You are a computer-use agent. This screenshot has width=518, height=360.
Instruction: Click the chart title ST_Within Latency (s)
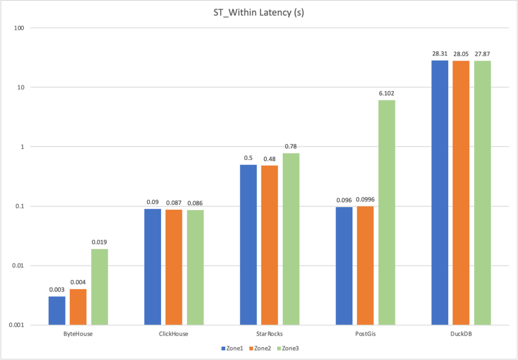pos(259,12)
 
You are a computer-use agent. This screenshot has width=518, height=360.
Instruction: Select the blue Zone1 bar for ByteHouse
pos(57,311)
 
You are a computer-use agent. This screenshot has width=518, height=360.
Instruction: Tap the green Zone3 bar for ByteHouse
pos(99,287)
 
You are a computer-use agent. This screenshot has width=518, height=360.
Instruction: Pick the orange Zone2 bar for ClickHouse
pos(174,267)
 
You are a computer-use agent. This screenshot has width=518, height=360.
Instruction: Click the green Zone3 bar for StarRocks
pos(291,239)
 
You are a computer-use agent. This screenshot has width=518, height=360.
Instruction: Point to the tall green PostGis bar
pos(387,212)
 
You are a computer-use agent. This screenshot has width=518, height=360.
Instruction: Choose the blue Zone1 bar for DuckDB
pos(440,192)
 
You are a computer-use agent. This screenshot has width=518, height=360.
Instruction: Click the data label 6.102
pos(387,93)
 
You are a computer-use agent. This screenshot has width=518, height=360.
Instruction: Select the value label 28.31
pos(440,53)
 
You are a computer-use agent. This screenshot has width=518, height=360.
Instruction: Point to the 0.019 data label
pos(99,242)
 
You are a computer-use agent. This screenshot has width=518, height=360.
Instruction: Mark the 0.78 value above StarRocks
pos(291,146)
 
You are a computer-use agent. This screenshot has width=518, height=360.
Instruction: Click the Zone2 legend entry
pos(262,348)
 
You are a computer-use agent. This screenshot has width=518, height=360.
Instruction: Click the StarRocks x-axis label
pos(269,334)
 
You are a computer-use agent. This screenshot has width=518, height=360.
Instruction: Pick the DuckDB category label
pos(461,334)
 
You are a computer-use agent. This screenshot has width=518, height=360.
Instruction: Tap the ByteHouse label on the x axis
pos(78,334)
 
